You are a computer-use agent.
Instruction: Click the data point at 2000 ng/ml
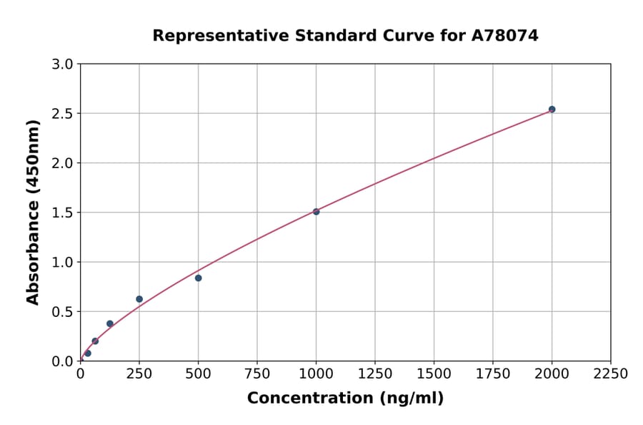(x=552, y=109)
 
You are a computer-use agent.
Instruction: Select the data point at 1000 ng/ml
(x=316, y=212)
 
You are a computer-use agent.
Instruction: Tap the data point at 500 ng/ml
(x=198, y=278)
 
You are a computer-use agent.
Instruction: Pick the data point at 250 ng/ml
(x=139, y=299)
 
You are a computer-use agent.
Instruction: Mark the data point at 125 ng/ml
(x=110, y=323)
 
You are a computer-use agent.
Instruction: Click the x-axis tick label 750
(x=257, y=373)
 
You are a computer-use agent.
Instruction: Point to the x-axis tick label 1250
(x=375, y=373)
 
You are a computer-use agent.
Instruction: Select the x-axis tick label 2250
(x=611, y=373)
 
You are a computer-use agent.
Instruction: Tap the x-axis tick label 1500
(x=434, y=373)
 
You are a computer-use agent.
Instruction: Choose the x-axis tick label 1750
(x=493, y=373)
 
